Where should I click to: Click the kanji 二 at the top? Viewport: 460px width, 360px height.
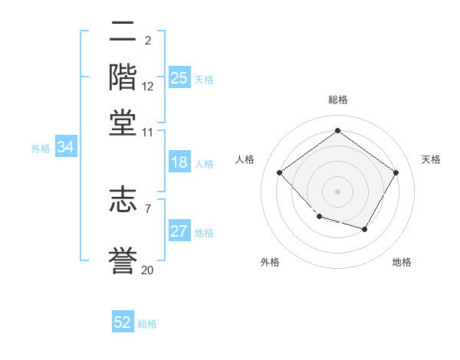[x=123, y=31]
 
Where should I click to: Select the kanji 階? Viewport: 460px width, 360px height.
[x=123, y=77]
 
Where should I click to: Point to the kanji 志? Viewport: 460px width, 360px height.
[x=123, y=200]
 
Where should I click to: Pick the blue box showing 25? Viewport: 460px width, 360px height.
[x=179, y=78]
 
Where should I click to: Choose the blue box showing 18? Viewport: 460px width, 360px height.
[x=179, y=162]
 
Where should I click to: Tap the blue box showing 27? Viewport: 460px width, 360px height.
[x=179, y=231]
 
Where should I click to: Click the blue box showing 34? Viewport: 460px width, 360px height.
[x=65, y=148]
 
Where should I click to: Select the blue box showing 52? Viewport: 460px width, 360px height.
[x=123, y=322]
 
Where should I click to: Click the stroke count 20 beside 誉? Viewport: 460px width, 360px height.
[x=147, y=270]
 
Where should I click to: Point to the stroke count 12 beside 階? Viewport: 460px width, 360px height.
[x=148, y=87]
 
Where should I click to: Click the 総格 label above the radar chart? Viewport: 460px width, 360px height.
[x=337, y=100]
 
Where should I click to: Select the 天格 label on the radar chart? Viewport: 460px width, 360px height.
[x=431, y=159]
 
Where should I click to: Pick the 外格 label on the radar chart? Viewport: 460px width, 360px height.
[x=270, y=262]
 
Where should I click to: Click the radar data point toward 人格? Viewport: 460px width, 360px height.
[x=280, y=173]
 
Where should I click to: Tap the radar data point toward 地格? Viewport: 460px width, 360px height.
[x=365, y=229]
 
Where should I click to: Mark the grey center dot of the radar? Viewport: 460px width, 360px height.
[x=337, y=191]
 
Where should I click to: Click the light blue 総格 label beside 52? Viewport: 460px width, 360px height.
[x=147, y=324]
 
